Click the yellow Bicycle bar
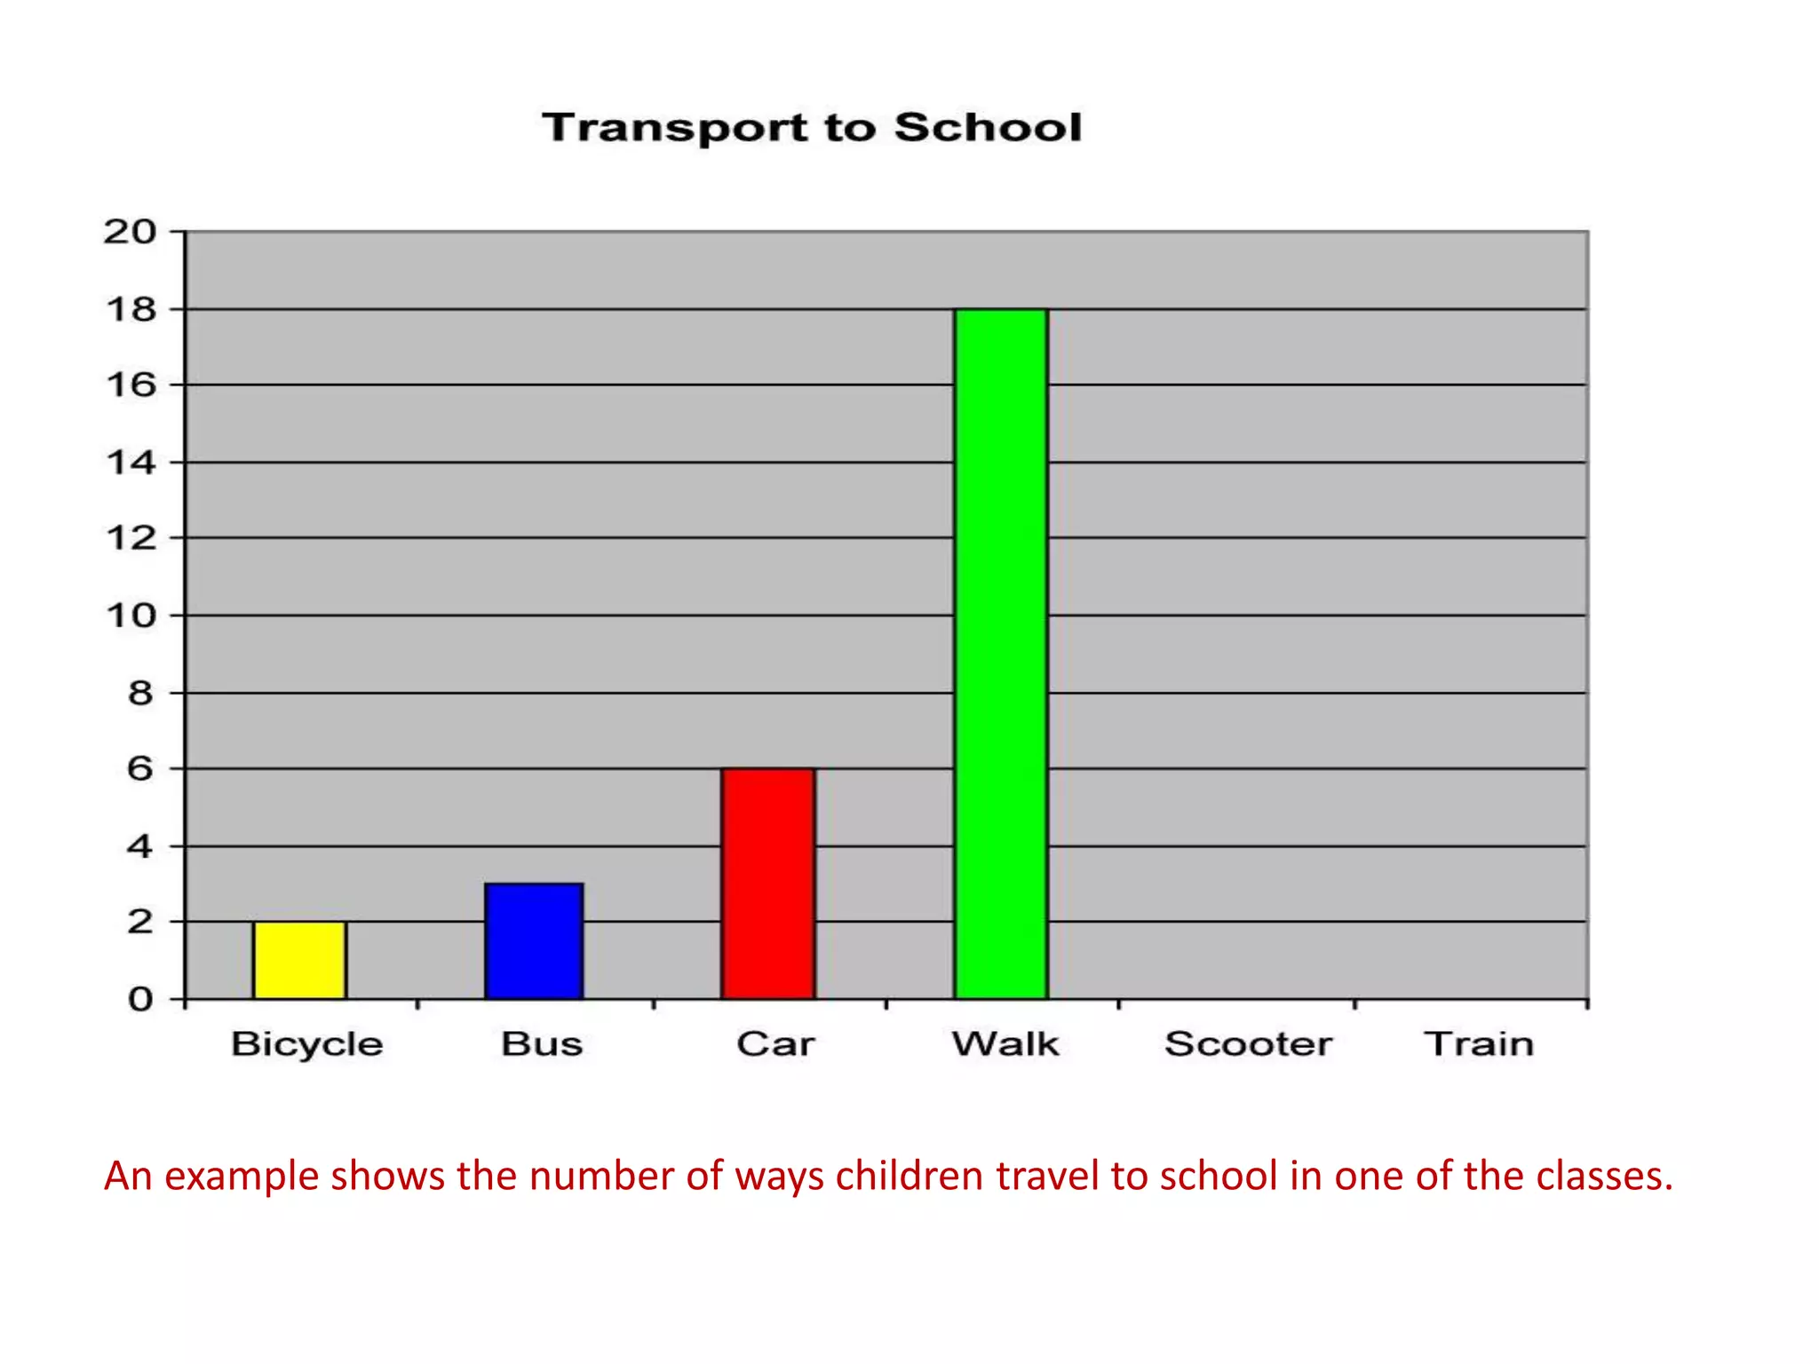pyautogui.click(x=299, y=960)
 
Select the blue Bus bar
pyautogui.click(x=534, y=941)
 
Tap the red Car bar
pyautogui.click(x=768, y=884)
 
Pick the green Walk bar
pyautogui.click(x=1001, y=654)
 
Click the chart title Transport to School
pyautogui.click(x=812, y=127)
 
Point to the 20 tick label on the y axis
pyautogui.click(x=130, y=232)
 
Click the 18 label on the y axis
pyautogui.click(x=131, y=309)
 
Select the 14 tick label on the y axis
pyautogui.click(x=131, y=462)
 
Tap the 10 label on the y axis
pyautogui.click(x=131, y=615)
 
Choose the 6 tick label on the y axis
pyautogui.click(x=140, y=768)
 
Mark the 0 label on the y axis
pyautogui.click(x=140, y=999)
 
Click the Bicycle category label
pyautogui.click(x=307, y=1044)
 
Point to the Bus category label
pyautogui.click(x=542, y=1043)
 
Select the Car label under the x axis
pyautogui.click(x=775, y=1043)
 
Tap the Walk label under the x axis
pyautogui.click(x=1005, y=1043)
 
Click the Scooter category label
pyautogui.click(x=1248, y=1043)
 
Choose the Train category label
pyautogui.click(x=1479, y=1043)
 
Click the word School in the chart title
pyautogui.click(x=988, y=127)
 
